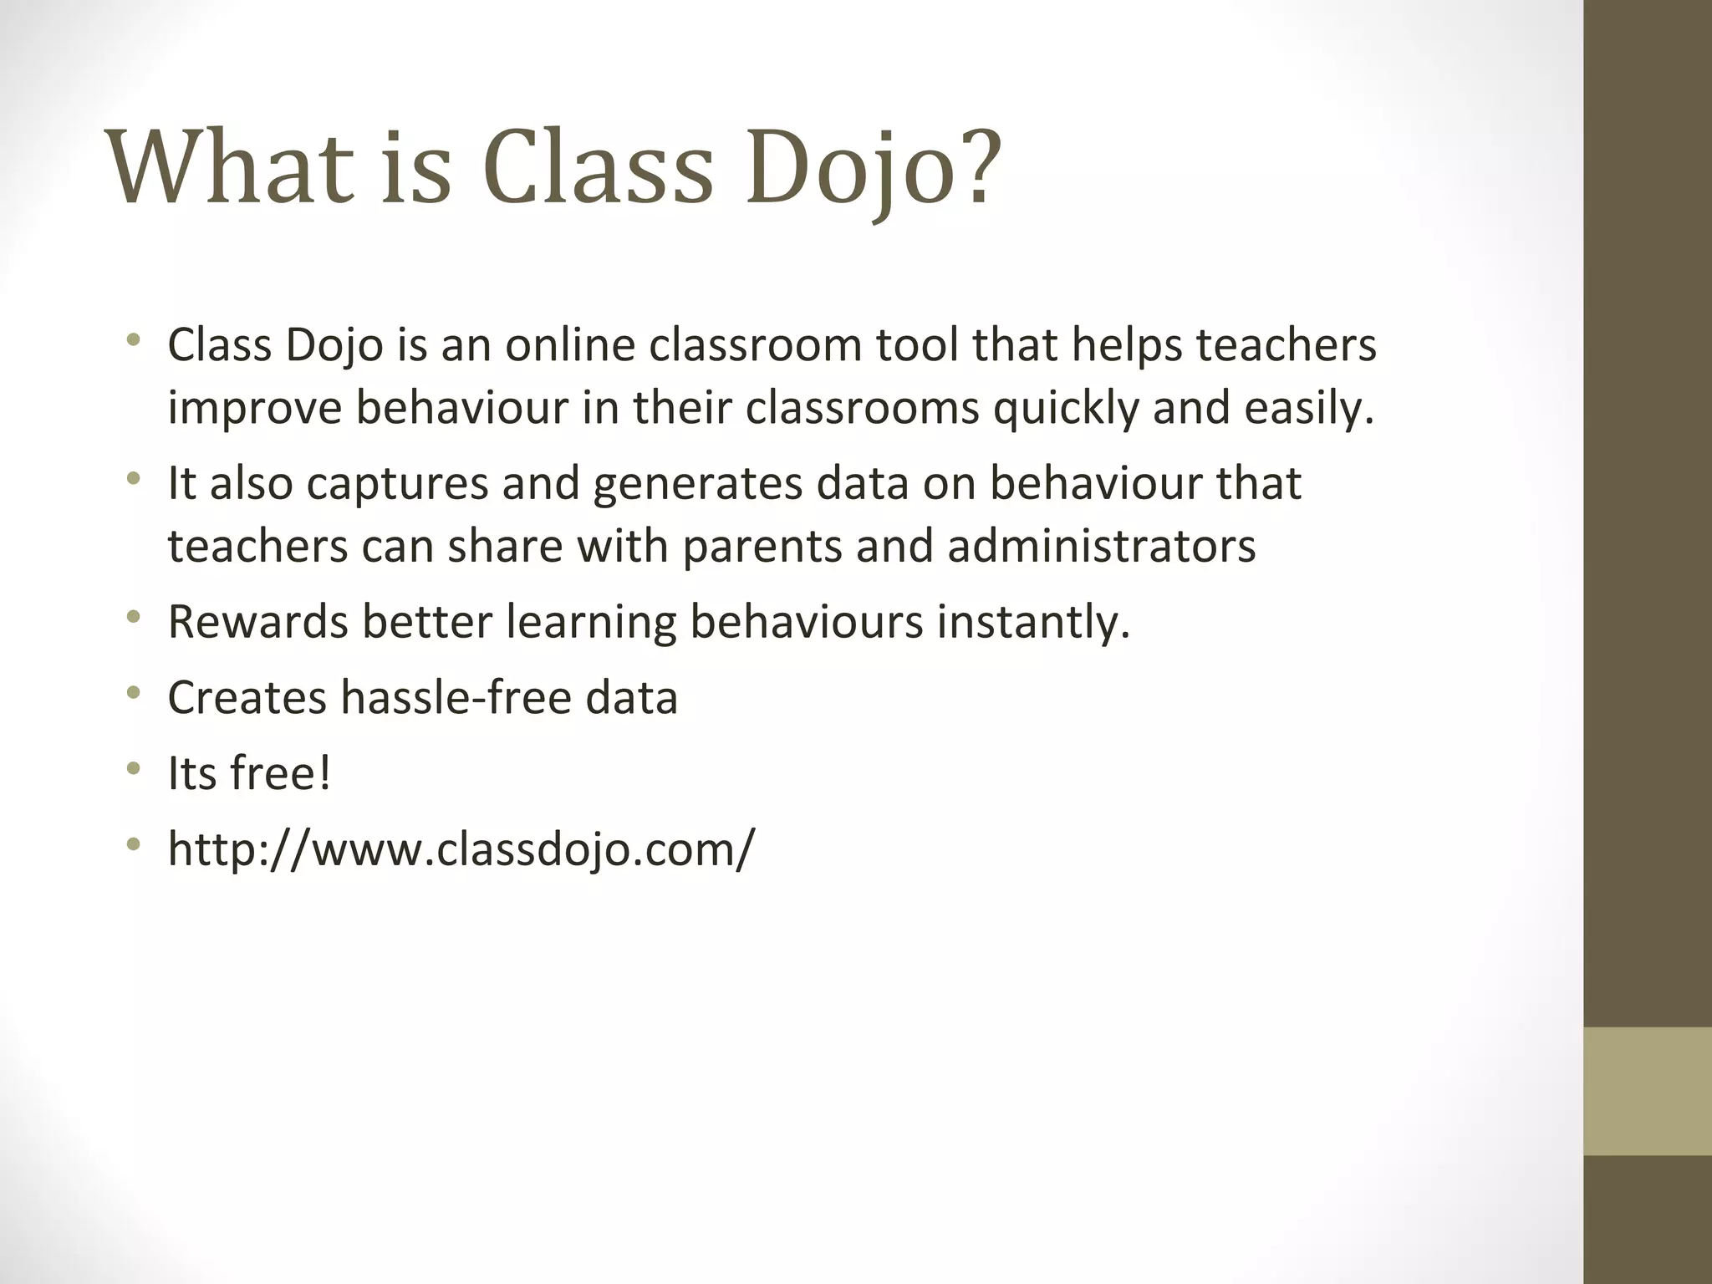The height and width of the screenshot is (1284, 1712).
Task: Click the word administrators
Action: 1101,547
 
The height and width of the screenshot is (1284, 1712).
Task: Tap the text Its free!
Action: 249,773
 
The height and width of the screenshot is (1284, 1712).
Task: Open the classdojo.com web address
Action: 461,849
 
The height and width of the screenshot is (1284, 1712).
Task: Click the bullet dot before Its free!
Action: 133,770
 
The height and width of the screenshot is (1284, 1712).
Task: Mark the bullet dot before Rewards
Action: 133,619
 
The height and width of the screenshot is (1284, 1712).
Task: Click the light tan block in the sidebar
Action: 1647,1091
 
